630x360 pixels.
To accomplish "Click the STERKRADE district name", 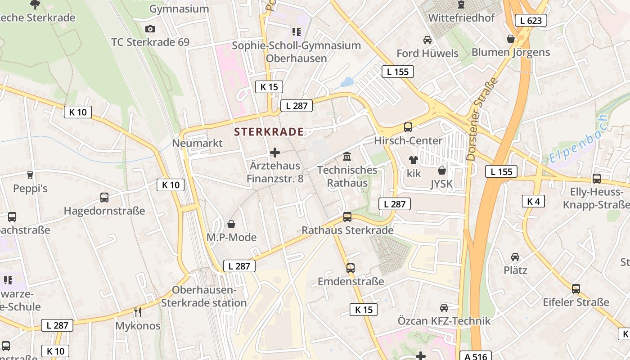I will click(269, 132).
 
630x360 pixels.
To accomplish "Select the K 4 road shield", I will click(533, 201).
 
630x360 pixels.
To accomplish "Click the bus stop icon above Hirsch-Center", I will click(408, 127).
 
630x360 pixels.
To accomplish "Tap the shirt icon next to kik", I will click(413, 160).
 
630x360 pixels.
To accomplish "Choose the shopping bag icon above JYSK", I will click(442, 171).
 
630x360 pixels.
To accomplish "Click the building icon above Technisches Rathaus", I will click(347, 157).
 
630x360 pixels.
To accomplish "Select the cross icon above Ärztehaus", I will click(275, 153).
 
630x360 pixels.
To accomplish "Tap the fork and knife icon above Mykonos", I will click(138, 312).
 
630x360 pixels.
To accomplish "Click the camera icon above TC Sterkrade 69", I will click(150, 29).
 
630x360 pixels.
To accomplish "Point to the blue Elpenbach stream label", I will click(578, 139).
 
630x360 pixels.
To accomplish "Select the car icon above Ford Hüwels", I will click(427, 40).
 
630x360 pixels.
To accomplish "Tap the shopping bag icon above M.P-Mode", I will click(231, 224).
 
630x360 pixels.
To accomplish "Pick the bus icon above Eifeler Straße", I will click(576, 289).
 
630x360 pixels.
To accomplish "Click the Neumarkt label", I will click(197, 144).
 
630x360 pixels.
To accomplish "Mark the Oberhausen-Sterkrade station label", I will click(204, 297).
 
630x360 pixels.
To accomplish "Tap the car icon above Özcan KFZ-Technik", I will click(444, 308).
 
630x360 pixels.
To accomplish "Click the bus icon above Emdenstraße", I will click(351, 268).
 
